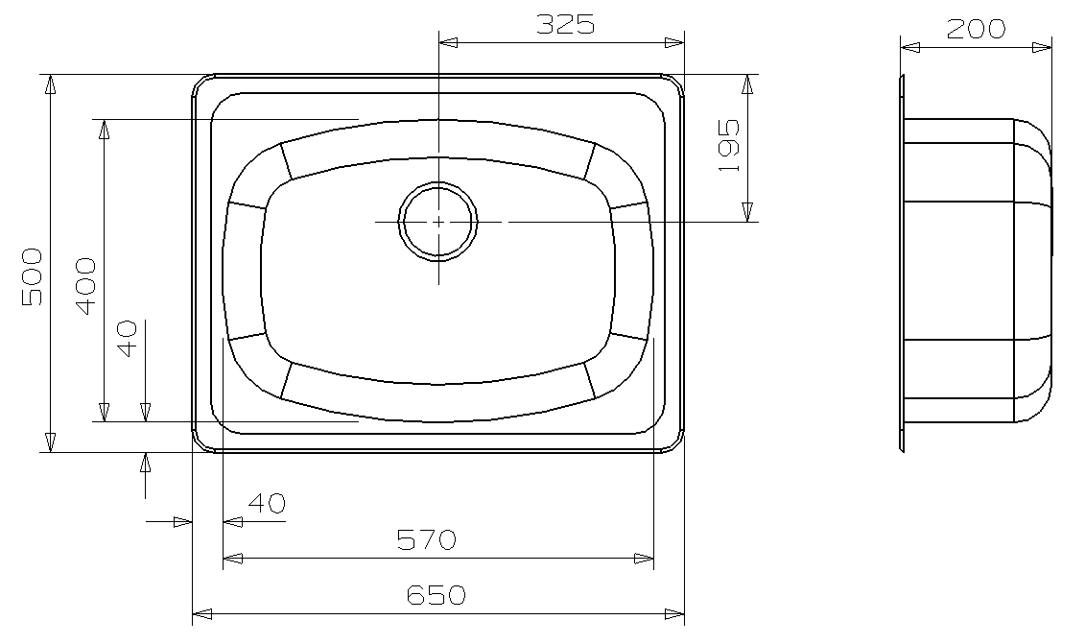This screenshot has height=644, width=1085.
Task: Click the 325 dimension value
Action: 565,25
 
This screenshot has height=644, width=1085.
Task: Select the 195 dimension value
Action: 729,145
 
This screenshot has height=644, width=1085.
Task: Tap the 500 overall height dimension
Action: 32,276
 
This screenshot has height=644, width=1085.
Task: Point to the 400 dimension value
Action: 85,286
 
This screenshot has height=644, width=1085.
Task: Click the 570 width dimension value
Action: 426,540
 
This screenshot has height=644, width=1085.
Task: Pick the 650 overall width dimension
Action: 436,595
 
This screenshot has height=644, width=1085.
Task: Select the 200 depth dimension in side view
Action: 976,29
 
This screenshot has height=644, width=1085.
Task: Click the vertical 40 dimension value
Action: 128,338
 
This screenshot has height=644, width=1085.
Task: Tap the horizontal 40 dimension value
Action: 267,503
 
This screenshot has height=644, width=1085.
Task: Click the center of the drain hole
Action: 438,222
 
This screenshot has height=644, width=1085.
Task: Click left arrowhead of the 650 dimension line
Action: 200,613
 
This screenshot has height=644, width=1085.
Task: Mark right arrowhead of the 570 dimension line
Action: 646,558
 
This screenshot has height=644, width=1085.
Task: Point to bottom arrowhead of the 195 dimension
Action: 747,213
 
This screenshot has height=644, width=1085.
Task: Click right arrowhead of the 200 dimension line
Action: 1044,46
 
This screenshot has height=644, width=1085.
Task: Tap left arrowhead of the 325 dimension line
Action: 447,42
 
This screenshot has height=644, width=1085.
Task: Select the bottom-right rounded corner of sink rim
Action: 677,443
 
